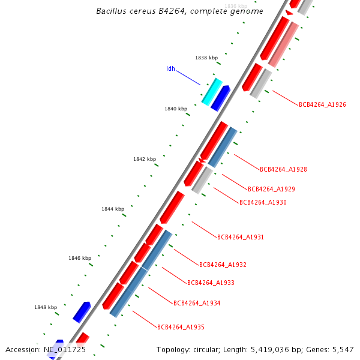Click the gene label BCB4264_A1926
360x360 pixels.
coord(322,104)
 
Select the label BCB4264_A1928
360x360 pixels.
coord(283,169)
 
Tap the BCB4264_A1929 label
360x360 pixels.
coord(271,189)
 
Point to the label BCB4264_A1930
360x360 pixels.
coord(263,202)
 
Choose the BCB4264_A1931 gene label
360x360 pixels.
coord(241,237)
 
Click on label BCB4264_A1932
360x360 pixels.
coord(223,265)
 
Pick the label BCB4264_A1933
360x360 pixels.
coord(211,283)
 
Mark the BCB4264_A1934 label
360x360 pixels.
coord(197,303)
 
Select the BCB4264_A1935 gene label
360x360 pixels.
coord(181,327)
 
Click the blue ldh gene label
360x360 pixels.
coord(170,69)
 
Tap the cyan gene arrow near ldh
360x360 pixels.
coord(212,91)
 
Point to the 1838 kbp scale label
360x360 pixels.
coord(206,58)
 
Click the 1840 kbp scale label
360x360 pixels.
coord(176,109)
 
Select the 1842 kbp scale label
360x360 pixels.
coord(145,159)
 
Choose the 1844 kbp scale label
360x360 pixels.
coord(113,209)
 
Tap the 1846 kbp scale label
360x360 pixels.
coord(80,258)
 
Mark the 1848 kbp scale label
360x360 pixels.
coord(46,307)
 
